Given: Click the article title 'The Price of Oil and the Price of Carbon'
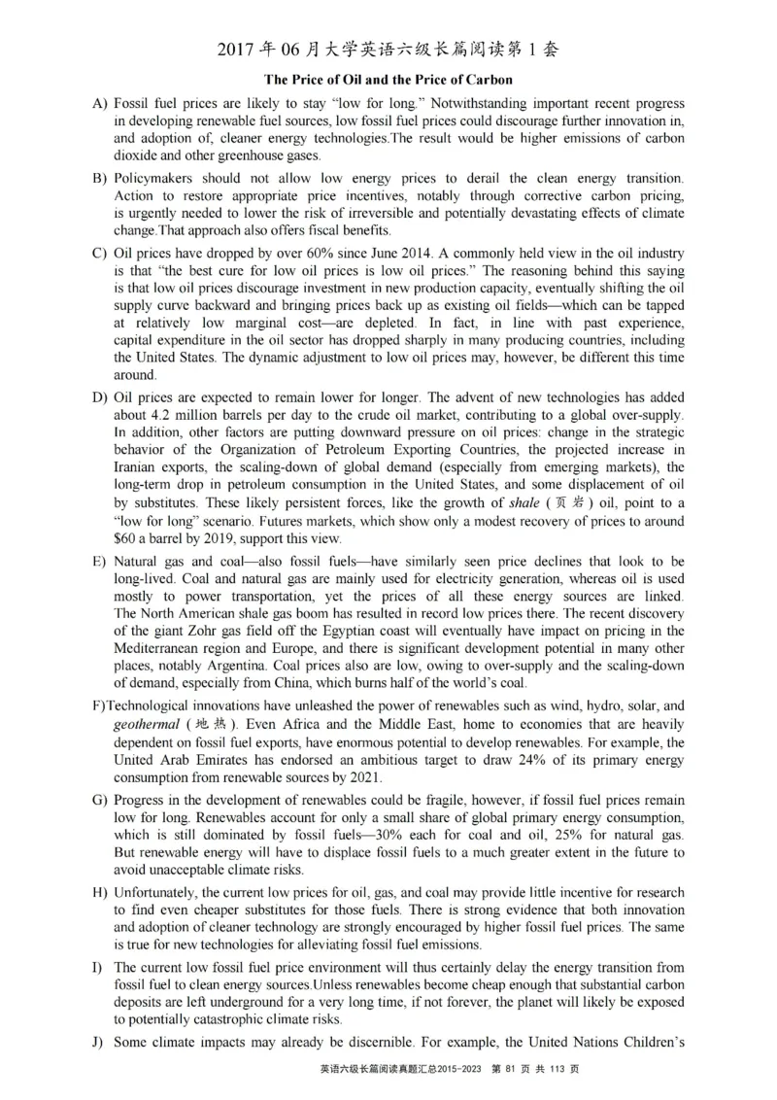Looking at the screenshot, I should tap(388, 79).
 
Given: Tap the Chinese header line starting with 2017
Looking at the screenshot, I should tap(388, 50).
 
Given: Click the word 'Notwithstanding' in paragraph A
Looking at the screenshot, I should tap(390, 103).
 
